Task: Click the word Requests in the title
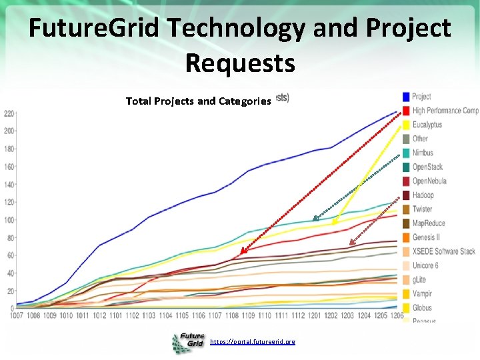coord(240,63)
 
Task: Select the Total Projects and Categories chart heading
coord(199,101)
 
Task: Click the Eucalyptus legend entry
coord(427,125)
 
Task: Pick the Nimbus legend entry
coord(422,153)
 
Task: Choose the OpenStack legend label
coord(427,167)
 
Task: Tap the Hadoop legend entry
coord(423,195)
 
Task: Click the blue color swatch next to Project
coord(405,97)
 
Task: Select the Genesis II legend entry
coord(425,237)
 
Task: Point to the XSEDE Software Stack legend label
coord(443,251)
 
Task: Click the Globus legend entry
coord(422,308)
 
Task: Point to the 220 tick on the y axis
coord(8,113)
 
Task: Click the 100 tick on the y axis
coord(8,220)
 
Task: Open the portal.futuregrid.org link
coord(252,342)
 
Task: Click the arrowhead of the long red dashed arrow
coord(243,252)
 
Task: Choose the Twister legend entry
coord(422,209)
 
